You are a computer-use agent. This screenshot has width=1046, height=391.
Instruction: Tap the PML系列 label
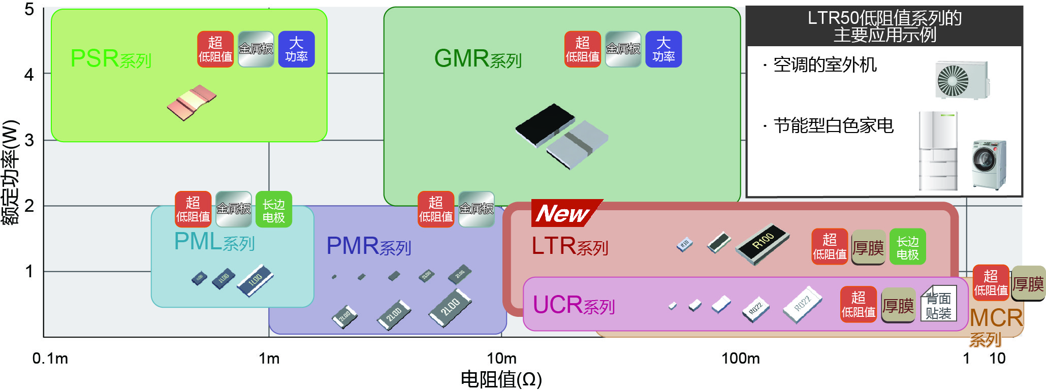[214, 242]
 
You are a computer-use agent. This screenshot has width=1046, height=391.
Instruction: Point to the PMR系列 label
[368, 246]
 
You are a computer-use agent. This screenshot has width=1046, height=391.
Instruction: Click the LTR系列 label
[569, 246]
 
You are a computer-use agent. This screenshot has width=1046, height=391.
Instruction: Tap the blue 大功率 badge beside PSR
[296, 49]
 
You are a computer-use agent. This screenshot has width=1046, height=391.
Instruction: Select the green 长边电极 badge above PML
[273, 209]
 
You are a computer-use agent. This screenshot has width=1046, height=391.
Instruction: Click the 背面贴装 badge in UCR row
[938, 305]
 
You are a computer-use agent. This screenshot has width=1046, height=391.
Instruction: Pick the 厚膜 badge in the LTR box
[868, 248]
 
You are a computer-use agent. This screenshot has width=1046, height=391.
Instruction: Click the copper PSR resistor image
[192, 103]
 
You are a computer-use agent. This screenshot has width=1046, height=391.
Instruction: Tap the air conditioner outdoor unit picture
[962, 80]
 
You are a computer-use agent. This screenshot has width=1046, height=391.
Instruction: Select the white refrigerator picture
[938, 151]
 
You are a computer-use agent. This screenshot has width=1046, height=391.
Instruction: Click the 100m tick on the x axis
[740, 359]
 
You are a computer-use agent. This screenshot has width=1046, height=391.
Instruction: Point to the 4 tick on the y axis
[29, 75]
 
